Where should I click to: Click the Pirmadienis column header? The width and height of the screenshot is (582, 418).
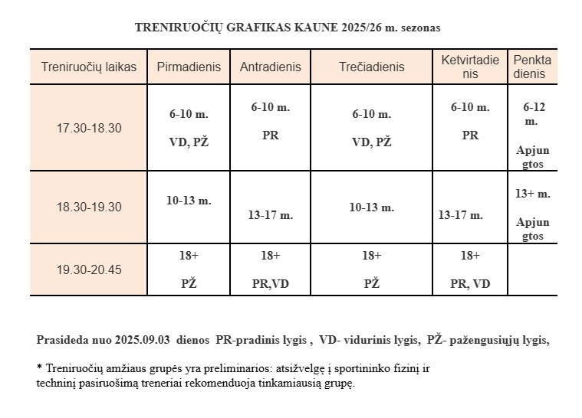pos(189,67)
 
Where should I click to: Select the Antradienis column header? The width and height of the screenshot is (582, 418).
pos(270,67)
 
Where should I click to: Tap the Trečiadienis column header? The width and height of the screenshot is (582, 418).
pos(371,67)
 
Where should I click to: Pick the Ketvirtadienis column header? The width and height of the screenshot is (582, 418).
pos(470,67)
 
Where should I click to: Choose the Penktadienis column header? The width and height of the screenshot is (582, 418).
pos(532,67)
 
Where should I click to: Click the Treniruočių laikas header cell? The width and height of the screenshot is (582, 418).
pos(89,67)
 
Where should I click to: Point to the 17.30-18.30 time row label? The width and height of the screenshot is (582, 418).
pos(89,128)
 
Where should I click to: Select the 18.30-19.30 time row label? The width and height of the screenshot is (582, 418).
pos(89,207)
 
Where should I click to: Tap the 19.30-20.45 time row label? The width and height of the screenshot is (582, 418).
pos(89,269)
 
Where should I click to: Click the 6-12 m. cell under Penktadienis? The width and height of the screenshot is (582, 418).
pos(533,128)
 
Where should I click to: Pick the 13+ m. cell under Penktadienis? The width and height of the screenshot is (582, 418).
pos(533,207)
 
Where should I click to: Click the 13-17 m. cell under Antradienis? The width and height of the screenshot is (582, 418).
pos(270,215)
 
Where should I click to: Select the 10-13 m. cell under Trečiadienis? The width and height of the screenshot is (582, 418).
pos(371,207)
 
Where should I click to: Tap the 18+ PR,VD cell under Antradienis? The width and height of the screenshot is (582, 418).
pos(270,269)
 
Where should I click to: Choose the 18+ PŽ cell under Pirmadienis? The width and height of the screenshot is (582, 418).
pos(189,269)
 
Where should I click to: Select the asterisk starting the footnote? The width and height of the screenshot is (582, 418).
pos(39,367)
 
